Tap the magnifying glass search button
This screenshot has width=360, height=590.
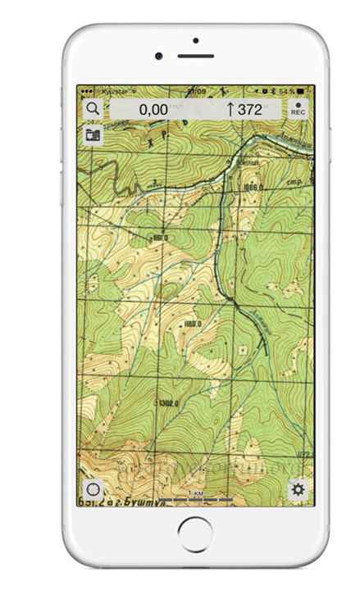click(93, 108)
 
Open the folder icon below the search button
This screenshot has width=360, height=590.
click(93, 134)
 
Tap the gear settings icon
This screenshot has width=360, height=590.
click(298, 489)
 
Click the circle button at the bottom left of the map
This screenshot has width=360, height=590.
click(93, 489)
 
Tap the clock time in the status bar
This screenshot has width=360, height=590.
click(196, 90)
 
